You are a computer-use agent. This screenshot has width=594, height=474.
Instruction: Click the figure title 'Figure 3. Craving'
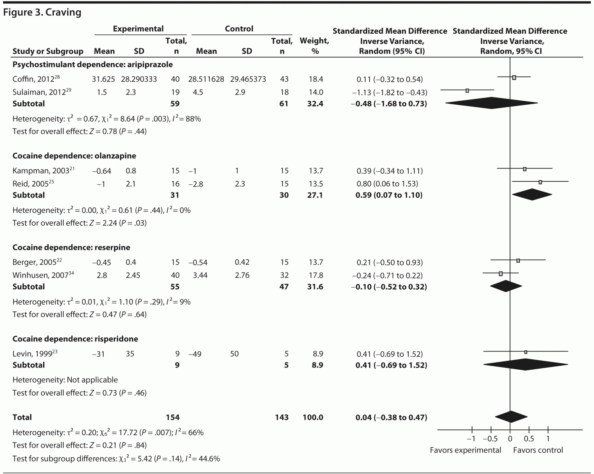[x=42, y=12]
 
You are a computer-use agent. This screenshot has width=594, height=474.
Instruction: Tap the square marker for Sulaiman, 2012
[x=467, y=91]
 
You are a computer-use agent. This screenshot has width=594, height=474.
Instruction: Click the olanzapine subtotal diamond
[x=532, y=195]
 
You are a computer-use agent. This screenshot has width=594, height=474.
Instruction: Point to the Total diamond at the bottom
[x=511, y=417]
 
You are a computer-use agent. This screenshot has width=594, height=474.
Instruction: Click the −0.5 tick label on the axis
[x=490, y=439]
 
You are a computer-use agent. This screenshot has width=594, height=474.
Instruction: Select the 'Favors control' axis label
[x=538, y=450]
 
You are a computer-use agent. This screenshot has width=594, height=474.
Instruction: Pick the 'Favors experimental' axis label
[x=465, y=450]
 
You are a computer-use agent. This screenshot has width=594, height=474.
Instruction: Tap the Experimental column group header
[x=138, y=29]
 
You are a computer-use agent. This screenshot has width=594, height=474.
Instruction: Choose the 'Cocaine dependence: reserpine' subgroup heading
[x=71, y=247]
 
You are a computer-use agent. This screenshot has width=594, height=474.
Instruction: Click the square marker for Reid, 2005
[x=540, y=182]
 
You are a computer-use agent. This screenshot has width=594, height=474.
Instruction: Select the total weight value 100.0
[x=313, y=417]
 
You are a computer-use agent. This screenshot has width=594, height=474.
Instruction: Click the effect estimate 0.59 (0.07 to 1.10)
[x=389, y=195]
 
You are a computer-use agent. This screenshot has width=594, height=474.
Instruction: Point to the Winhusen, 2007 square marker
[x=501, y=274]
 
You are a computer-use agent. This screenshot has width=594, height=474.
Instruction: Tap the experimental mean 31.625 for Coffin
[x=103, y=79]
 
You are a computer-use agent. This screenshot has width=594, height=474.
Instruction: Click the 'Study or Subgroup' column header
[x=48, y=51]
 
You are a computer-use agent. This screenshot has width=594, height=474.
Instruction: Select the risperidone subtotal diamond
[x=526, y=364]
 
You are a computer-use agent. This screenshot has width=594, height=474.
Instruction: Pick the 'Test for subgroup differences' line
[x=116, y=459]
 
